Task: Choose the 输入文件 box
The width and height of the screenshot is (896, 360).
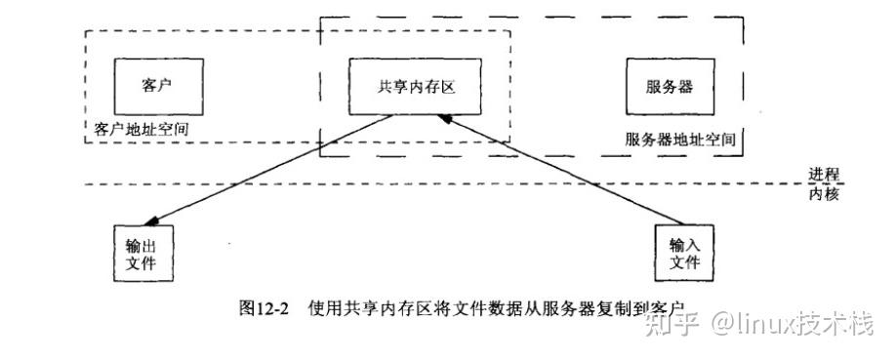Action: (684, 254)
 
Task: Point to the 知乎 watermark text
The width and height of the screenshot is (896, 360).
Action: (674, 324)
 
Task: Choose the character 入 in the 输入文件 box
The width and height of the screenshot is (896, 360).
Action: (692, 244)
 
